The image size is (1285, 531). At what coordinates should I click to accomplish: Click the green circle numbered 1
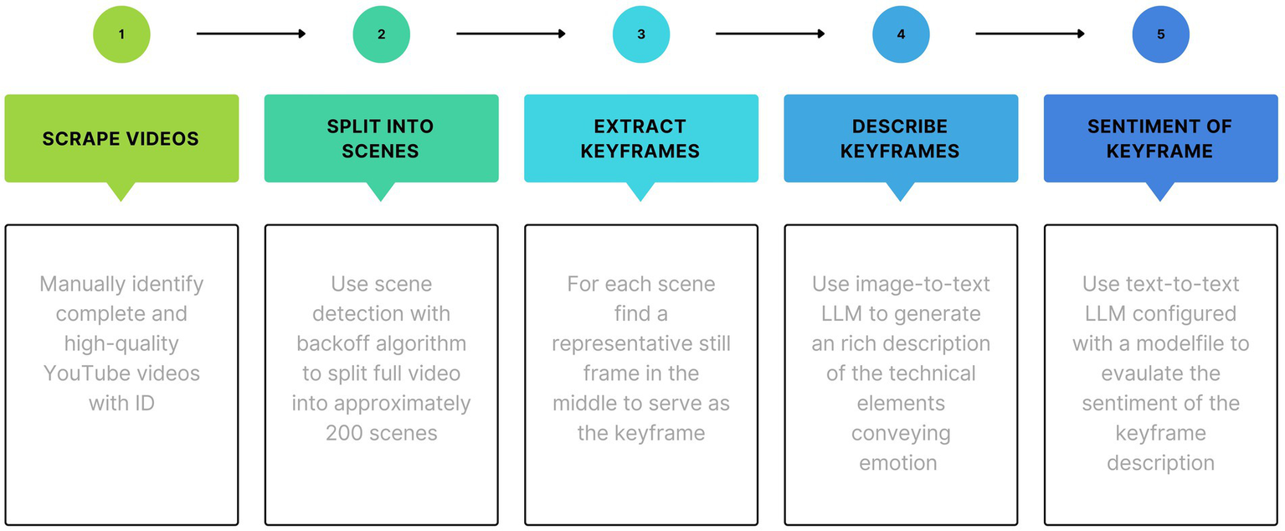[x=121, y=34]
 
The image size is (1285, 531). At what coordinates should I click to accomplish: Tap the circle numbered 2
[x=381, y=34]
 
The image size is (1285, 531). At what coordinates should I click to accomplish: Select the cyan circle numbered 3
[x=641, y=34]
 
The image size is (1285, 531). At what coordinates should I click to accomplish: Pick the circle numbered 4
[x=901, y=34]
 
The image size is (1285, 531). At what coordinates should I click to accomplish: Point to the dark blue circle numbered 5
[x=1160, y=34]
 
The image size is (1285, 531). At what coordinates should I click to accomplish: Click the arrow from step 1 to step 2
[x=251, y=34]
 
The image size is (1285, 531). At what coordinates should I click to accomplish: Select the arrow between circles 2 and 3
[x=511, y=34]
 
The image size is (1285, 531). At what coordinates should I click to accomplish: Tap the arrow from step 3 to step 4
[x=770, y=34]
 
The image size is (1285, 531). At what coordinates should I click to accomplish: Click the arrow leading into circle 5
[x=1031, y=34]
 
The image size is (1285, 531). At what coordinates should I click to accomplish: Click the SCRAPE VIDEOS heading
[x=121, y=138]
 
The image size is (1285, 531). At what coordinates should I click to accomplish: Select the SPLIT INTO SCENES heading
[x=381, y=138]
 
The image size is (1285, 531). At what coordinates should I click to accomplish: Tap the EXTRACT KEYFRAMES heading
[x=641, y=138]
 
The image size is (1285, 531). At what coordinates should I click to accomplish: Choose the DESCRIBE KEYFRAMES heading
[x=901, y=138]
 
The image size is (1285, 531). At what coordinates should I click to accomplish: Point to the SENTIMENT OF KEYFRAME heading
[x=1160, y=138]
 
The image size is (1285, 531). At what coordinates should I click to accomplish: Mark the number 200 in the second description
[x=345, y=433]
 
